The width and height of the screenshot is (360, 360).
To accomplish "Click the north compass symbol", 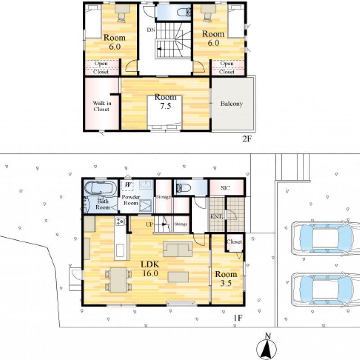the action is point(266,348).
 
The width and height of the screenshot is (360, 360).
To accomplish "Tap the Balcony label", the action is point(232,104).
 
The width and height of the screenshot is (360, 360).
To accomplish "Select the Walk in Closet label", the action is point(102,106).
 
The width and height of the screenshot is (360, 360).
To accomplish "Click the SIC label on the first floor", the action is point(225,188).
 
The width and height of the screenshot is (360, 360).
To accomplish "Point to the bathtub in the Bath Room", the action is point(100,188).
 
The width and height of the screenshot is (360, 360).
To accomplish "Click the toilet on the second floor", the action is point(184,13).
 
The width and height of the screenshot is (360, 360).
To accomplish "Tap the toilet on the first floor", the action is point(184,188).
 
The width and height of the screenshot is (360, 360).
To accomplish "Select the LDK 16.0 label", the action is point(150,269).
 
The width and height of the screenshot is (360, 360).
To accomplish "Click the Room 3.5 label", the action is point(226,279).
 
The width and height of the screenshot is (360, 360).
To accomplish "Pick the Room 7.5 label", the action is point(166,101).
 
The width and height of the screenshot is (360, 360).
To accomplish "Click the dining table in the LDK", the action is point(118,280).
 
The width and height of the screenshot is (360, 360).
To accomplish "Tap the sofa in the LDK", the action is point(178,249).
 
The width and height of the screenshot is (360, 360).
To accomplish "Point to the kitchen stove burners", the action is point(120,221).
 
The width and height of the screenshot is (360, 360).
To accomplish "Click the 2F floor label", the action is point(247,139).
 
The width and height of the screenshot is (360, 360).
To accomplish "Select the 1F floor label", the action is point(238,318).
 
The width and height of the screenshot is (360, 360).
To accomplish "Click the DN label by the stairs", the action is point(151,30).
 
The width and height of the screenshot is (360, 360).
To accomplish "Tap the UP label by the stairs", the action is point(149,224).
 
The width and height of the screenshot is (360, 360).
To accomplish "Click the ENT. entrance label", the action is point(216,216).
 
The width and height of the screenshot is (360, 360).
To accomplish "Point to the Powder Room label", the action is point(130,200).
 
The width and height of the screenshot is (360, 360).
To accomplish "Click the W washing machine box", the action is point(127,185).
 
